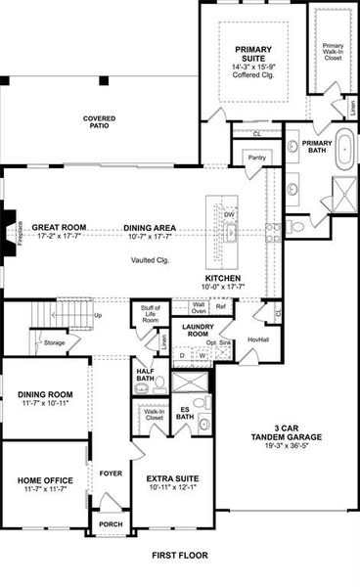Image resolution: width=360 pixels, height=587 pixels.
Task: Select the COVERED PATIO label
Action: [x=99, y=122]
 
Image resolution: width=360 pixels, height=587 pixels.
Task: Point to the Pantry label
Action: [x=257, y=157]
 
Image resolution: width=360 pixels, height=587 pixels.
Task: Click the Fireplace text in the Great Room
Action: [x=19, y=235]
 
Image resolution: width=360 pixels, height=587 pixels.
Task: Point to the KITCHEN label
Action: [x=223, y=278]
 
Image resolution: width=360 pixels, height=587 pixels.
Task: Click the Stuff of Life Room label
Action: [x=150, y=315]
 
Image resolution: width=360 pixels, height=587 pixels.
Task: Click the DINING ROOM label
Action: [x=47, y=395]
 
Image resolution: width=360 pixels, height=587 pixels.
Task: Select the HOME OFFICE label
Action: [x=45, y=479]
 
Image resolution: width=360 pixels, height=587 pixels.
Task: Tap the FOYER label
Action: [x=111, y=474]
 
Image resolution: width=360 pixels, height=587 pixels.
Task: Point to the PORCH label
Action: [x=111, y=523]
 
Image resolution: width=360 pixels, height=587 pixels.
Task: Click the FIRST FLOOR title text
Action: [x=180, y=555]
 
